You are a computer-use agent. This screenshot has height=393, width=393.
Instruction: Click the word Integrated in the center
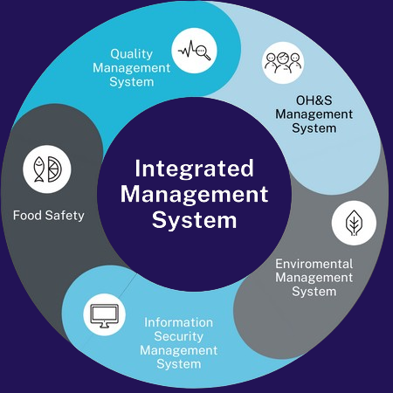pyautogui.click(x=194, y=169)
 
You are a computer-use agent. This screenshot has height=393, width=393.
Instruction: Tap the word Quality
pyautogui.click(x=132, y=54)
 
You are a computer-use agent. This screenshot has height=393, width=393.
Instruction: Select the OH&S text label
pyautogui.click(x=314, y=100)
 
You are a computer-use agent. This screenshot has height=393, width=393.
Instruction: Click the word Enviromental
pyautogui.click(x=314, y=264)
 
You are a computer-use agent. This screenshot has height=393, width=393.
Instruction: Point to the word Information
pyautogui.click(x=178, y=322)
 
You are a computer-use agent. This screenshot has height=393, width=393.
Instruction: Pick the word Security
pyautogui.click(x=179, y=336)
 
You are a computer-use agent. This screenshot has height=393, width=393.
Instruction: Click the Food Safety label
pyautogui.click(x=49, y=216)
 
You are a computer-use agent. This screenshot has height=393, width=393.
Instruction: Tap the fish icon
pyautogui.click(x=39, y=169)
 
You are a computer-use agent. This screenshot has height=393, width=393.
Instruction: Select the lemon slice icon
pyautogui.click(x=54, y=169)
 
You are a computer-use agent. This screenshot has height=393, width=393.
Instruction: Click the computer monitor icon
pyautogui.click(x=105, y=316)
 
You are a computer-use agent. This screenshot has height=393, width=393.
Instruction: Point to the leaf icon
pyautogui.click(x=354, y=223)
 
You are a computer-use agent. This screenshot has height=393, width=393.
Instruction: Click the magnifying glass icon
pyautogui.click(x=203, y=52)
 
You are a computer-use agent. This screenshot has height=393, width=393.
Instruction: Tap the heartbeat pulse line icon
pyautogui.click(x=187, y=50)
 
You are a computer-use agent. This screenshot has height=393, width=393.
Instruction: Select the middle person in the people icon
pyautogui.click(x=283, y=62)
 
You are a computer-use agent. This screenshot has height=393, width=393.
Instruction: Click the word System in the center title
pyautogui.click(x=194, y=220)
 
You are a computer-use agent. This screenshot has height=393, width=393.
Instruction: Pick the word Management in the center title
pyautogui.click(x=194, y=195)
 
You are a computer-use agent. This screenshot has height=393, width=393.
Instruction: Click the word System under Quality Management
pyautogui.click(x=132, y=82)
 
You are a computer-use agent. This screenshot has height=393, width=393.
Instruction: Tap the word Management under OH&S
pyautogui.click(x=314, y=114)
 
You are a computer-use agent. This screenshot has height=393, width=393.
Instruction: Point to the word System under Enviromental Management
pyautogui.click(x=314, y=292)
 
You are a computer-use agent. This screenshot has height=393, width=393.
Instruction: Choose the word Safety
pyautogui.click(x=65, y=216)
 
